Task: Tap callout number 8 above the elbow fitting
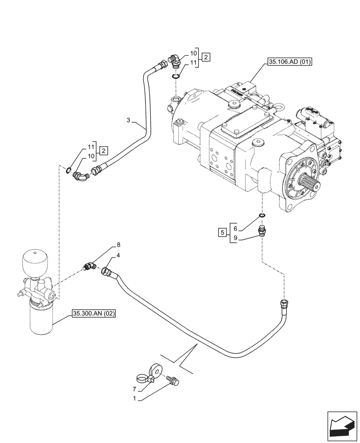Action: pyautogui.click(x=118, y=245)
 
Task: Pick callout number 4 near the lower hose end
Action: pyautogui.click(x=118, y=256)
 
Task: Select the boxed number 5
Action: pyautogui.click(x=222, y=232)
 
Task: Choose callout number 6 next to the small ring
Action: pyautogui.click(x=235, y=228)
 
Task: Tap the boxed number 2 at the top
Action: pyautogui.click(x=207, y=57)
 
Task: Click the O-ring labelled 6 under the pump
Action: pyautogui.click(x=262, y=216)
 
